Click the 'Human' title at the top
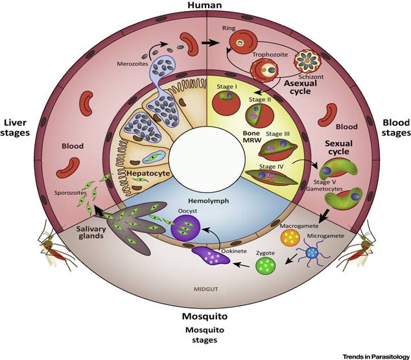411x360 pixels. click(x=205, y=6)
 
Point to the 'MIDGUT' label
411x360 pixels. click(x=205, y=287)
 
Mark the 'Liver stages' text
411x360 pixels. click(x=18, y=128)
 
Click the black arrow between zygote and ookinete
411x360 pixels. click(x=242, y=265)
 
